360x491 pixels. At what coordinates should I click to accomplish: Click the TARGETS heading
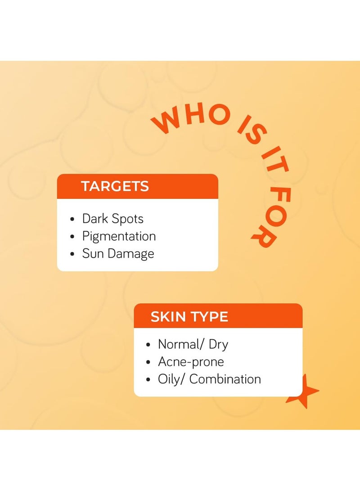[x=115, y=186]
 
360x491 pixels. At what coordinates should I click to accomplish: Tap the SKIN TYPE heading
[x=189, y=316]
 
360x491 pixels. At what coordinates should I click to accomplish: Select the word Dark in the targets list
[x=95, y=219]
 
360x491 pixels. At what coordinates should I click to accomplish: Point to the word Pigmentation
[x=119, y=237]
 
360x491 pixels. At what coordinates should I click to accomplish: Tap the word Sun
[x=93, y=253]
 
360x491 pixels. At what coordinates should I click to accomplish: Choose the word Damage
[x=131, y=254]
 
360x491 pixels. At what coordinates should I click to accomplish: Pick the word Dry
[x=218, y=345]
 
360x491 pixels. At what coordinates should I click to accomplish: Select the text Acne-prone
[x=191, y=362]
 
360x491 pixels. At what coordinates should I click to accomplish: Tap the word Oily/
[x=171, y=379]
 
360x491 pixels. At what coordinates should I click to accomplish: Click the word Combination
[x=225, y=379]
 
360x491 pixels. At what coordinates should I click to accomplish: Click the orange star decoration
[x=303, y=392]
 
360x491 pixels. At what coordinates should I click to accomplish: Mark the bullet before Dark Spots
[x=72, y=219]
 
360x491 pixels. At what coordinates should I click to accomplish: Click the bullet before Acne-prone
[x=148, y=362]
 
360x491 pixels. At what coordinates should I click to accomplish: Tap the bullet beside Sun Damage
[x=72, y=254]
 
